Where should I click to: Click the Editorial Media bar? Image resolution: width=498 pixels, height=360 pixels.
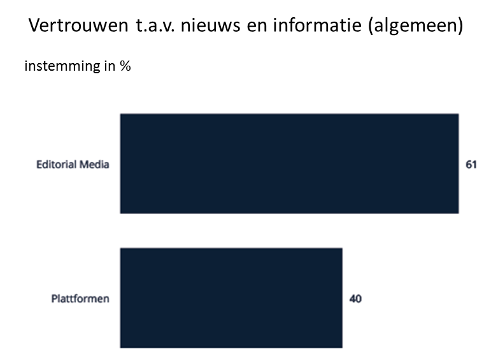(289, 164)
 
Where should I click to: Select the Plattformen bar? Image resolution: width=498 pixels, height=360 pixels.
(231, 298)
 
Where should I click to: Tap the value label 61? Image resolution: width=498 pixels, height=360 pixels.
(471, 164)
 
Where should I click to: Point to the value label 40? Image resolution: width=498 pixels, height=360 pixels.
(355, 298)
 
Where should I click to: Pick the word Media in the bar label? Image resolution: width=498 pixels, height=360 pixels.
(94, 164)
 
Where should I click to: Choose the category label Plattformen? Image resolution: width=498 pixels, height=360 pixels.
(80, 298)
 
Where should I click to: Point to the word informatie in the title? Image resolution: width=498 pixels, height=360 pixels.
(317, 27)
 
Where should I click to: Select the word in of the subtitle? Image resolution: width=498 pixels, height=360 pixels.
(106, 66)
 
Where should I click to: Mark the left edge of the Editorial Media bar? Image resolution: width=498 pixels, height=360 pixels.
(122, 164)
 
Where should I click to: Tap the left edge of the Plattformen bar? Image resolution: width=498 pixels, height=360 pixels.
(122, 298)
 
